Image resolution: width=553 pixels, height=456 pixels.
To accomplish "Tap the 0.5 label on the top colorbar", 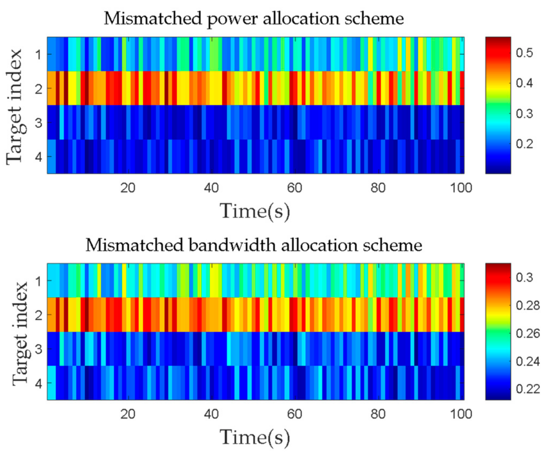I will [524, 53].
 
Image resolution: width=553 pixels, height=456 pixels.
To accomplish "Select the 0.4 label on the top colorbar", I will [524, 83].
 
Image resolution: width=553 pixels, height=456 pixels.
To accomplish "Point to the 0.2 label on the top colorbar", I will [524, 144].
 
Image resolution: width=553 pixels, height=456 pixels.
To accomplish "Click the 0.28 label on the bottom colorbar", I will [528, 306].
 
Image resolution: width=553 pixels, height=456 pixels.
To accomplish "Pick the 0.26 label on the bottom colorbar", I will [528, 334].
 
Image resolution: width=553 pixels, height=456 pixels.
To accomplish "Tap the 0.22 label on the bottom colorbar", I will [528, 389].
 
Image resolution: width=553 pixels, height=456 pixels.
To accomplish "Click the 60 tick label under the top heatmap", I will [294, 188].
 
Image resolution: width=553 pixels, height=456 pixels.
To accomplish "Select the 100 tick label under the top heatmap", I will [461, 188].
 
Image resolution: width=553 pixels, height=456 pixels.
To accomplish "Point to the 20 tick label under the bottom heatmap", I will [128, 414].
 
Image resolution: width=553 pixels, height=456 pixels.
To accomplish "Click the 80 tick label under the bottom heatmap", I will [378, 414].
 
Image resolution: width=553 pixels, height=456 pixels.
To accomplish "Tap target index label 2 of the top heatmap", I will [39, 89].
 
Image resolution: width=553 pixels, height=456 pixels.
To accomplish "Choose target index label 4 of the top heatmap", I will [39, 157].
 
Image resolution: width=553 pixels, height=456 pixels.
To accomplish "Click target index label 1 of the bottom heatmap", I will [39, 281].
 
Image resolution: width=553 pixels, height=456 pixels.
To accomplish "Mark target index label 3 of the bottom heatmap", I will [39, 349].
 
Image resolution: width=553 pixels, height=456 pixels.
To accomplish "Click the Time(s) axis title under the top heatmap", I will [255, 211].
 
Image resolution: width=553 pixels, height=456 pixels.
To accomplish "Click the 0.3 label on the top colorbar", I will [524, 114].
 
